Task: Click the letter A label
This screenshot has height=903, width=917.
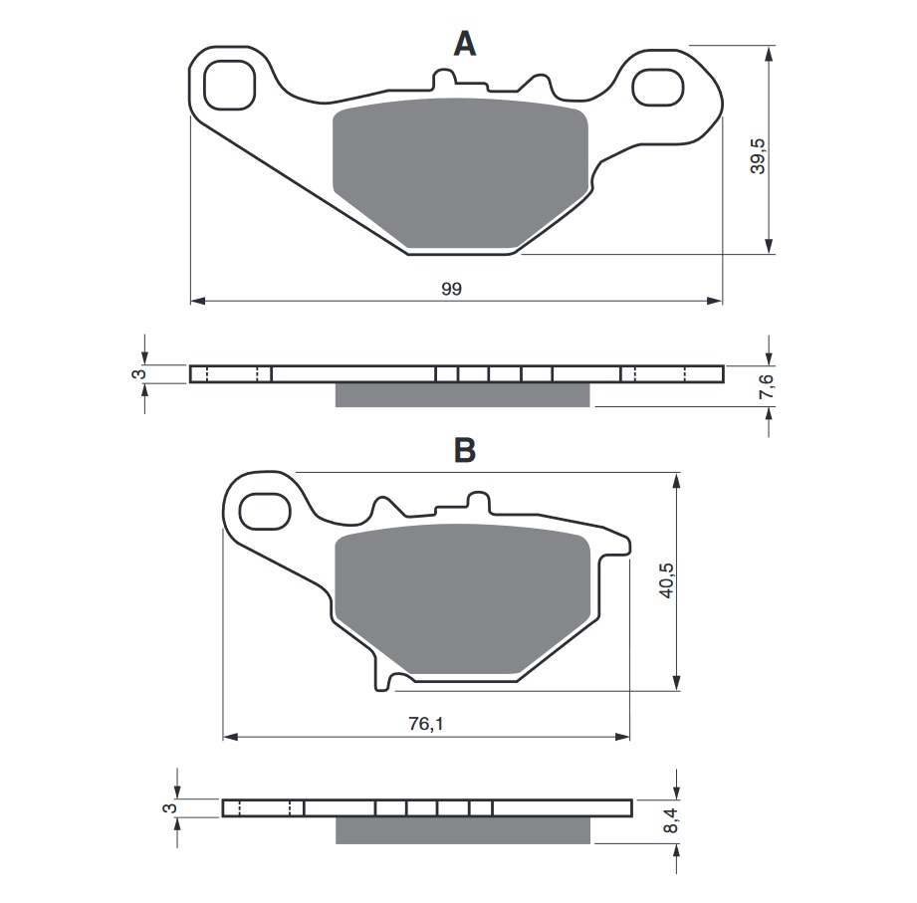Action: tap(465, 44)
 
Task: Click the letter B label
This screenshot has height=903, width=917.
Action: tap(465, 450)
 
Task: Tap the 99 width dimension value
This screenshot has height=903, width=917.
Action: tap(452, 288)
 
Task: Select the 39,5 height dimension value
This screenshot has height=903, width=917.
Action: tap(759, 152)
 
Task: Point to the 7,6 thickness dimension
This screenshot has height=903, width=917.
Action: tap(766, 387)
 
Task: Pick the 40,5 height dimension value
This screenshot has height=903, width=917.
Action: tap(667, 580)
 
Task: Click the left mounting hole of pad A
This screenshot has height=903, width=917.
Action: tap(229, 86)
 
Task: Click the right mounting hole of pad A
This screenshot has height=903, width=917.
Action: tap(660, 86)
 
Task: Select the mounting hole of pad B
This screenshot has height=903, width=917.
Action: tap(263, 512)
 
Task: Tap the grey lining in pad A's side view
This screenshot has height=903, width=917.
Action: tap(463, 395)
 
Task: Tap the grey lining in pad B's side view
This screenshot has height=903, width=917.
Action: tap(465, 829)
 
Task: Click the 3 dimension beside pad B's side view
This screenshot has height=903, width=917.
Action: tap(170, 808)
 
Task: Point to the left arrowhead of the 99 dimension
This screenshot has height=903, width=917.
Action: tap(196, 299)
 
